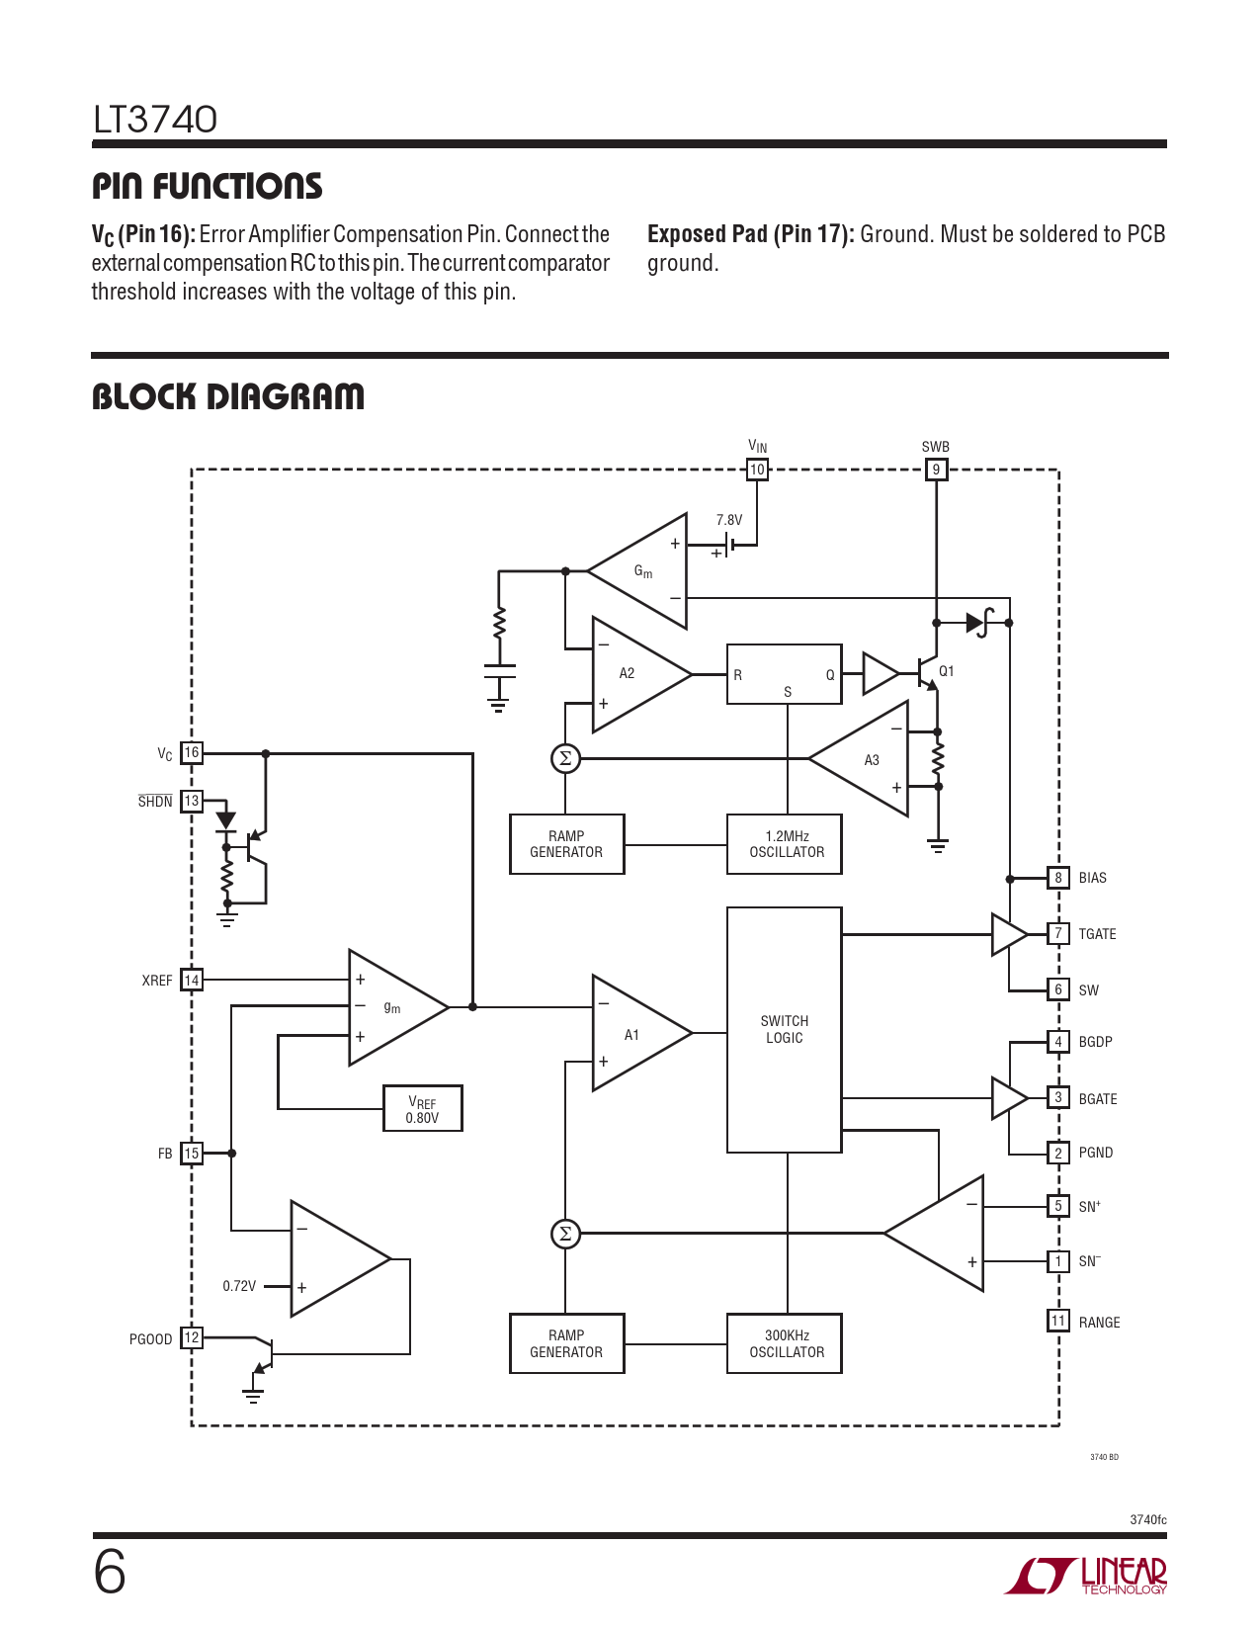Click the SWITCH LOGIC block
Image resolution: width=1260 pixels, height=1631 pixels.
coord(784,1029)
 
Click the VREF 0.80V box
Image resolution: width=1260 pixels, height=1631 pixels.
coord(422,1108)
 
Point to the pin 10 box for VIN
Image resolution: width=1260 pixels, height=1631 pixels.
coord(757,470)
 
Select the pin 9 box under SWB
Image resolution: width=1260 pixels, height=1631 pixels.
coord(936,470)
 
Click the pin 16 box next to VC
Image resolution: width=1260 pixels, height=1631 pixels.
coord(192,752)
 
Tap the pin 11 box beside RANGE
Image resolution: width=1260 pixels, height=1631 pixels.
coord(1058,1321)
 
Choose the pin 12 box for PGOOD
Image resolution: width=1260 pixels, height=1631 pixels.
coord(192,1337)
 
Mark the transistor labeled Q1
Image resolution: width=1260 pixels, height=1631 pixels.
coord(928,673)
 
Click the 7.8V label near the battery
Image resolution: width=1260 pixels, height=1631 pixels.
coord(729,520)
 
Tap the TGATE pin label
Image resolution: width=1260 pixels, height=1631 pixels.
coord(1097,934)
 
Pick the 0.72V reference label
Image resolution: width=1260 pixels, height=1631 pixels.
coord(239,1286)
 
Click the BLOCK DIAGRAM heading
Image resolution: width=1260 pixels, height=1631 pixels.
coord(228,396)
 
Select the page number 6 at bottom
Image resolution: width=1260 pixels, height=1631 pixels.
coord(110,1572)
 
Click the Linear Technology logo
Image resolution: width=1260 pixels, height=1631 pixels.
coord(1086,1576)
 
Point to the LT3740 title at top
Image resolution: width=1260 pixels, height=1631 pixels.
coord(155,120)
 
